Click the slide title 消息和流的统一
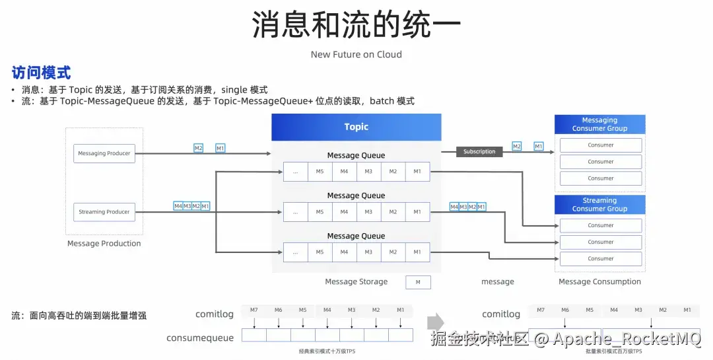[356, 26]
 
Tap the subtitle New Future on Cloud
[356, 54]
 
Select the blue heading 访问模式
[41, 73]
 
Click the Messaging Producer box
[104, 153]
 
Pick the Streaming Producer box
[104, 212]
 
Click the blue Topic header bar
[356, 127]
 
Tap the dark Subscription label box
[479, 152]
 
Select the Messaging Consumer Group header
[599, 124]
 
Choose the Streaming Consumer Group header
[599, 205]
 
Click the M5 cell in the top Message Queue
[320, 172]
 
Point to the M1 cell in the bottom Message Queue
[417, 252]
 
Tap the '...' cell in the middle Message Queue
[296, 212]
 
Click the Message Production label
[104, 244]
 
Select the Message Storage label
[356, 282]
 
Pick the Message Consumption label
[599, 282]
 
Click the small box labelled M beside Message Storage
[418, 283]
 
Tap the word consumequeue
[200, 338]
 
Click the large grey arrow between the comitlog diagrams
[436, 323]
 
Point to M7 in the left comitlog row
[254, 310]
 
